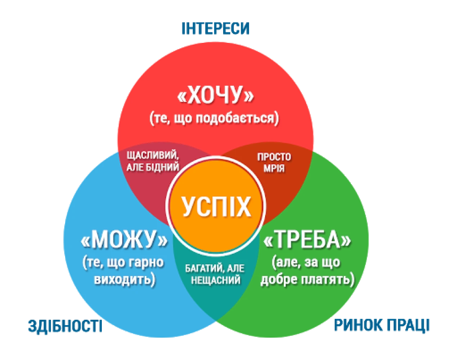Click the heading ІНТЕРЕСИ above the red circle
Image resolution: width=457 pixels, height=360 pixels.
click(215, 28)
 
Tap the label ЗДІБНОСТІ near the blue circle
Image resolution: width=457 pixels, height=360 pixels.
click(65, 326)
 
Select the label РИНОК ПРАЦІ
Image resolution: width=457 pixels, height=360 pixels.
click(381, 325)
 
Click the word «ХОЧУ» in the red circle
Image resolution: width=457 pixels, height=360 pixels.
click(215, 95)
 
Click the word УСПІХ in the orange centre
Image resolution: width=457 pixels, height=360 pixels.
click(216, 207)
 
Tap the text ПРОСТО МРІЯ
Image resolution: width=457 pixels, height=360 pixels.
click(274, 163)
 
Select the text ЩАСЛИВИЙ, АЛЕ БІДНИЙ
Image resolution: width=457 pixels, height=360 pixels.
click(153, 161)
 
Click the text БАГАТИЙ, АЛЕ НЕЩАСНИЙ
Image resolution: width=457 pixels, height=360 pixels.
click(215, 274)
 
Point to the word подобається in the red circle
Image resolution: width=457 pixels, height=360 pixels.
click(237, 118)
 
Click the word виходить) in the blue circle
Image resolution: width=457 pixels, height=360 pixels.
click(125, 279)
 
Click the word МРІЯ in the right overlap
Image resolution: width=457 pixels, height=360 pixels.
click(274, 168)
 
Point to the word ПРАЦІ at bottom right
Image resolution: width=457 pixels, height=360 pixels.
click(407, 325)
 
